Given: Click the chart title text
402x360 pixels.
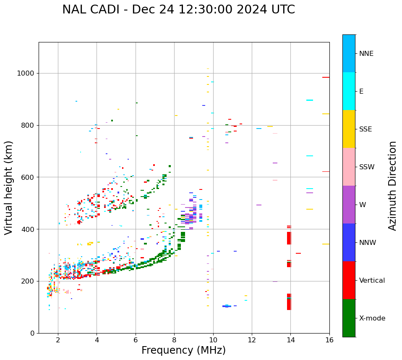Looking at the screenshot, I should (178, 10).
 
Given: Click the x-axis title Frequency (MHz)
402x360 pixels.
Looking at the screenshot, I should (183, 350).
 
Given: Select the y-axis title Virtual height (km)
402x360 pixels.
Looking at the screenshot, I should (9, 187).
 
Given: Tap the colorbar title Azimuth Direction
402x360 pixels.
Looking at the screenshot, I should (392, 185).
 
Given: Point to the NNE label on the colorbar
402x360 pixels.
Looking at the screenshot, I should (366, 54).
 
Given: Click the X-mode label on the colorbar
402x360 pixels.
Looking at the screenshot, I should (372, 318).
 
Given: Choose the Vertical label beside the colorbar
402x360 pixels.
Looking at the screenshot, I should (372, 281).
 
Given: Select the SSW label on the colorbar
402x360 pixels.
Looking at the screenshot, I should (367, 167).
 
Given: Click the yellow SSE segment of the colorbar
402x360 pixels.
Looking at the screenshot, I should (349, 129).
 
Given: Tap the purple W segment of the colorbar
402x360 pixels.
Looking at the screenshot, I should (349, 204).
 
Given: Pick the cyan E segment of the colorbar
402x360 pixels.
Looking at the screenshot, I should (349, 91).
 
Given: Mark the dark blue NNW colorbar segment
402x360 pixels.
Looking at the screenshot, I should (349, 242).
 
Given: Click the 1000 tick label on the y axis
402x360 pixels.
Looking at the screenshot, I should (26, 74).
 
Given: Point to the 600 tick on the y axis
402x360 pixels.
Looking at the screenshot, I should (29, 177).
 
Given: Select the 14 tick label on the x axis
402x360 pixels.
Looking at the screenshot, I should (290, 339).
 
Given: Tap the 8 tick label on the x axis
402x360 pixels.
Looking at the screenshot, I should (174, 339).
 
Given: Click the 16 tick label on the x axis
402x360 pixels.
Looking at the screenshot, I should (329, 339).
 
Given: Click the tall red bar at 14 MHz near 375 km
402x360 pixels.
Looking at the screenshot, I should (289, 235).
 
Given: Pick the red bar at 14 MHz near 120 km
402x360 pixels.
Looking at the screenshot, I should (289, 302).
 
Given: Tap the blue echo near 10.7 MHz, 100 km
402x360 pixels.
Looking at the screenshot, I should (227, 306).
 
